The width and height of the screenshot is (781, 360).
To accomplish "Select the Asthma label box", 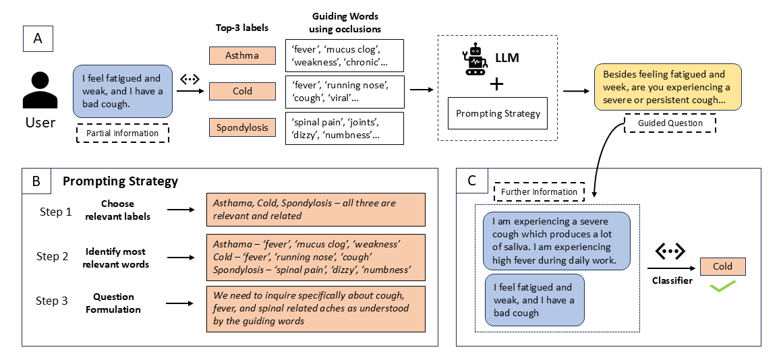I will (242, 55).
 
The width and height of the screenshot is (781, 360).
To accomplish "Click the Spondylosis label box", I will (242, 127).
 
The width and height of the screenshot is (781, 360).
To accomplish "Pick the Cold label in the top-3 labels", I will (242, 91).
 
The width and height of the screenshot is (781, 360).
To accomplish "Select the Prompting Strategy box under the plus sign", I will (498, 113).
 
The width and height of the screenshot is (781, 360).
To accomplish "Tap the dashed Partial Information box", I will (122, 133).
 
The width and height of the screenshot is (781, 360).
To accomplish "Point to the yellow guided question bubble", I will (668, 87).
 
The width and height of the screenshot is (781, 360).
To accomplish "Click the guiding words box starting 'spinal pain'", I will (345, 128).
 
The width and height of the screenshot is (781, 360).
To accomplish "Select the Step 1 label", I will (55, 212).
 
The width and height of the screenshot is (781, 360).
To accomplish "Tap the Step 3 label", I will (52, 301).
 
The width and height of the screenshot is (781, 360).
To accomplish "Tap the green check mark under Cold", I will (722, 287).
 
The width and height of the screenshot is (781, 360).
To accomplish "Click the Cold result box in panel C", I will (722, 266).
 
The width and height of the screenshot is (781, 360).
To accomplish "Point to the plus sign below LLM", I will (496, 84).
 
